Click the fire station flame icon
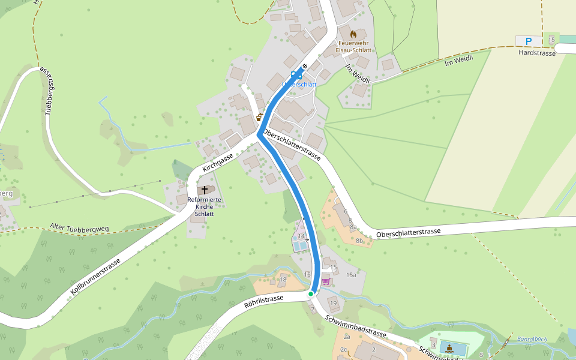point(353,34)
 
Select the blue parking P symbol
point(529,41)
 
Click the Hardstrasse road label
point(537,52)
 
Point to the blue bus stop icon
point(294,75)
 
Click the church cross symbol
point(205,190)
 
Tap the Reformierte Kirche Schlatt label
point(205,206)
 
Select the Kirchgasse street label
point(217,163)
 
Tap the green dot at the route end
point(311,294)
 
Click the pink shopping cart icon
point(326,281)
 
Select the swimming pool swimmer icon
point(449,347)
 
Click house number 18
point(283,280)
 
